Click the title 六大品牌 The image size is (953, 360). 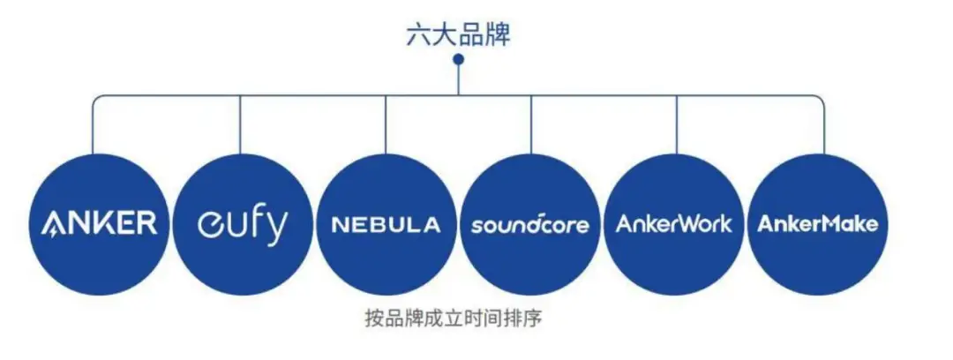click(458, 36)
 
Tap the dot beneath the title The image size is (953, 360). click(459, 59)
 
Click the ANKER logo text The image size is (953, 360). click(99, 224)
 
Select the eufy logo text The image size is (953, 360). click(242, 224)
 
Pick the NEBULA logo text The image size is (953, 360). click(386, 225)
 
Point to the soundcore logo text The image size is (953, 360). click(530, 224)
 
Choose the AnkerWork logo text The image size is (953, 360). click(673, 224)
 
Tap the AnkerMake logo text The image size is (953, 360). click(817, 224)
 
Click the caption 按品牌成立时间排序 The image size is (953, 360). click(453, 318)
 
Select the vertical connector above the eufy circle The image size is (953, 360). click(240, 125)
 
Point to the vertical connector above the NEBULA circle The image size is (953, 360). click(386, 124)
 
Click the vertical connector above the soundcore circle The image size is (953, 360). click(531, 124)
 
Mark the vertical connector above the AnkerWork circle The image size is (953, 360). click(677, 124)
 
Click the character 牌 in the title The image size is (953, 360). click(499, 36)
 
